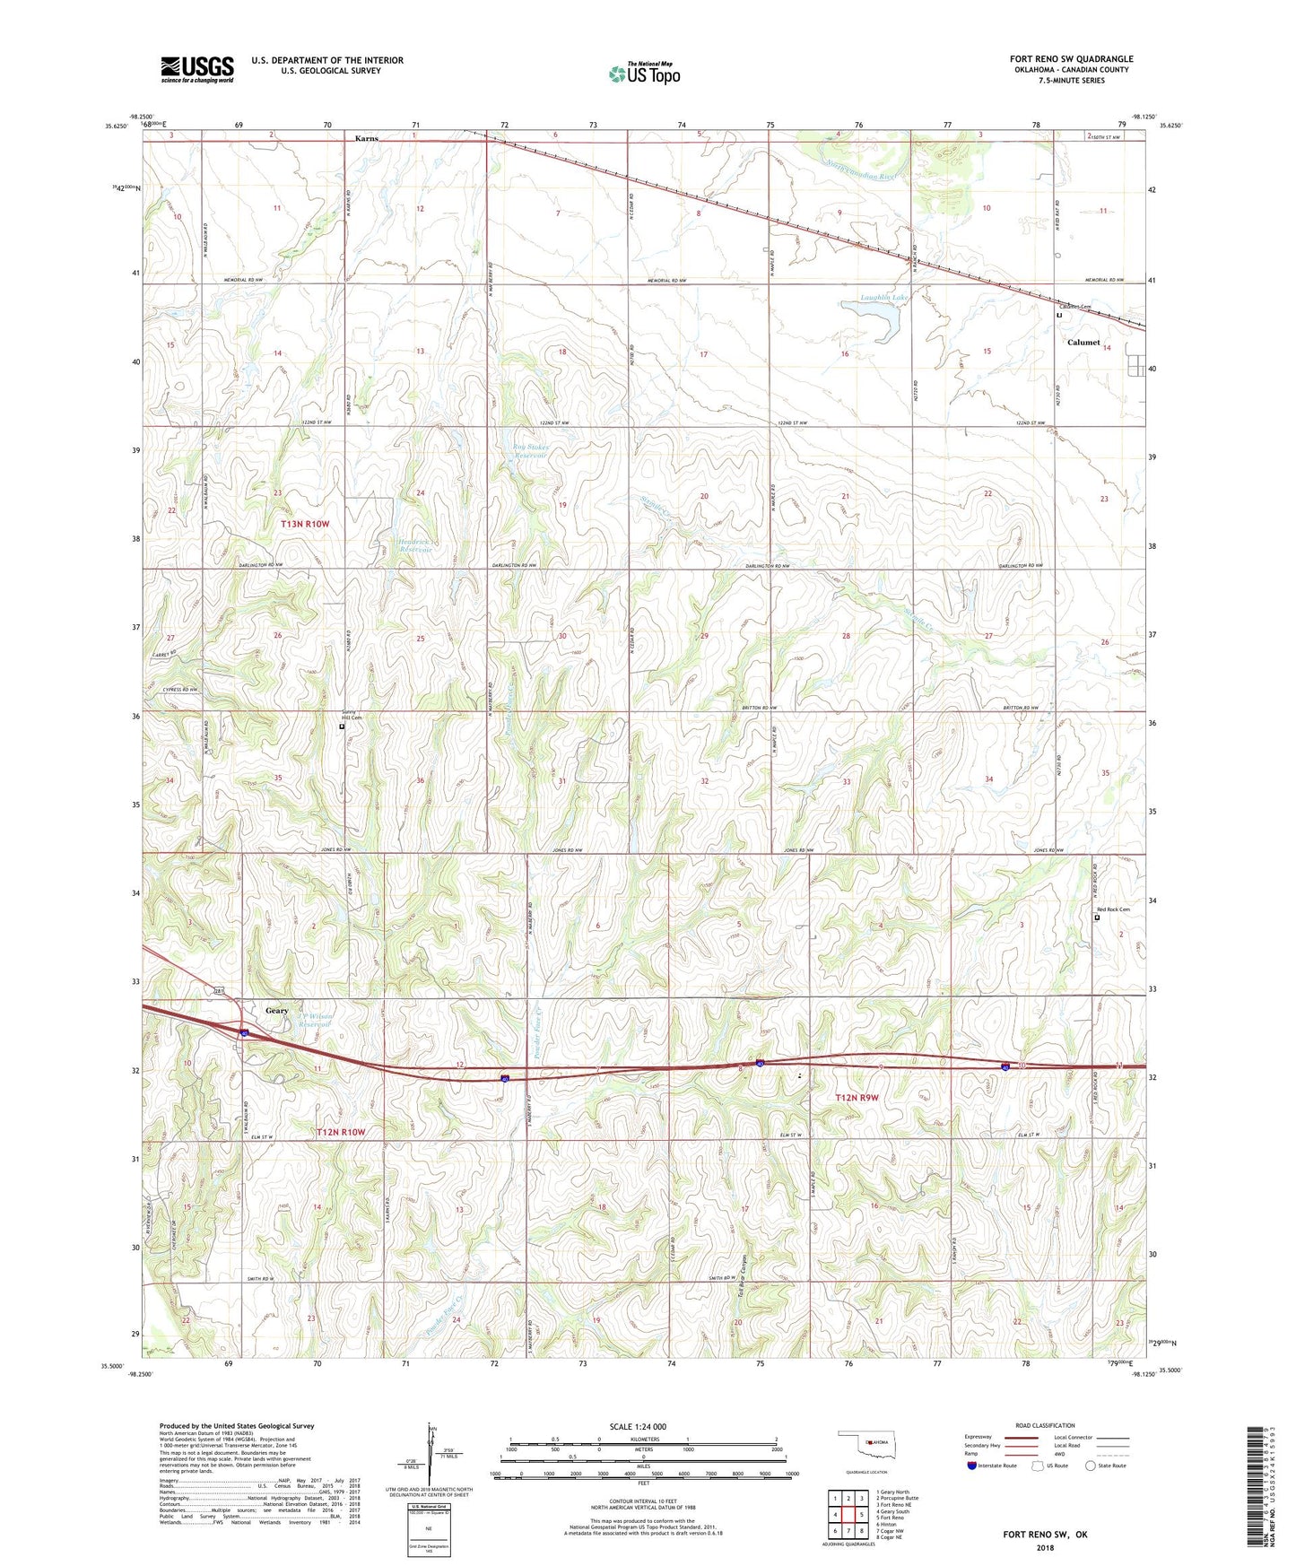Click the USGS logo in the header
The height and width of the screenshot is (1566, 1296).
pyautogui.click(x=197, y=69)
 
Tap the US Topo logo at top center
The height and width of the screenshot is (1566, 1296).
pyautogui.click(x=644, y=73)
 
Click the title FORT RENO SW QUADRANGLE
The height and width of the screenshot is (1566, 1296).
pyautogui.click(x=1071, y=59)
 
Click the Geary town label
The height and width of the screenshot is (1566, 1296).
pyautogui.click(x=277, y=1011)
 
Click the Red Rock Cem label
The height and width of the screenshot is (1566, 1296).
pyautogui.click(x=1113, y=909)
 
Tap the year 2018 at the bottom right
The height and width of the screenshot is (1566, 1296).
pyautogui.click(x=1045, y=1547)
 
